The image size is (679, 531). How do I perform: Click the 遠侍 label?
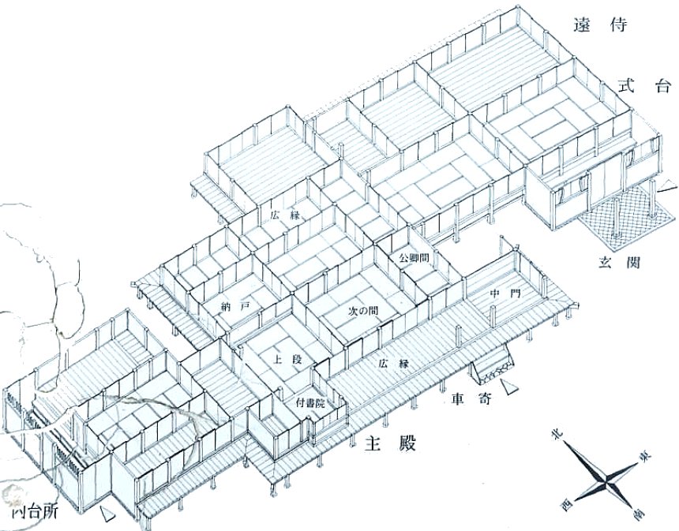[x=606, y=26]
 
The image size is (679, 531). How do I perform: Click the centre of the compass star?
[x=604, y=477]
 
